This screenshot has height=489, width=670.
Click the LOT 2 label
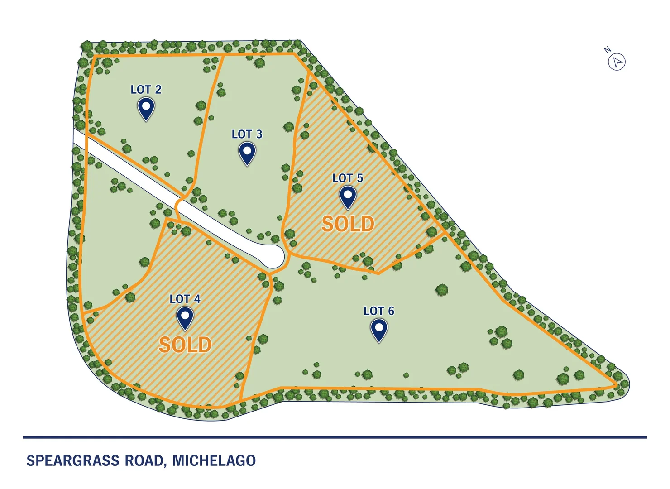[146, 90]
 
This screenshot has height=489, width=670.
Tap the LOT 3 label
[247, 134]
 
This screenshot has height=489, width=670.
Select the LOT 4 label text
[185, 299]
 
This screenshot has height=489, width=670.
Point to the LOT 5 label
[348, 178]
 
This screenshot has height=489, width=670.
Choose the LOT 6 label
[379, 311]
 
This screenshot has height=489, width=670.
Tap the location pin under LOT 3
[247, 153]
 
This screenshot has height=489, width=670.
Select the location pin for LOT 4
[185, 317]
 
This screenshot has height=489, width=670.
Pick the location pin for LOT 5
[348, 197]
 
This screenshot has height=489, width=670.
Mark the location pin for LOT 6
[379, 329]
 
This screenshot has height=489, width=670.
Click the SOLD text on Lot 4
[185, 345]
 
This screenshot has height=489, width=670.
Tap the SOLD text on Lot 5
[348, 224]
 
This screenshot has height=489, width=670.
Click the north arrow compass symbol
[617, 62]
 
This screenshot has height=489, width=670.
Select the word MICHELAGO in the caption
[214, 461]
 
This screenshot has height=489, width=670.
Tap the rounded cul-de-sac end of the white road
[274, 256]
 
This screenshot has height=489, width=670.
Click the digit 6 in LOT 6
[391, 311]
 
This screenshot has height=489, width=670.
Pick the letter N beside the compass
[608, 50]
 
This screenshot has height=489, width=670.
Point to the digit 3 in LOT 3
[259, 134]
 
